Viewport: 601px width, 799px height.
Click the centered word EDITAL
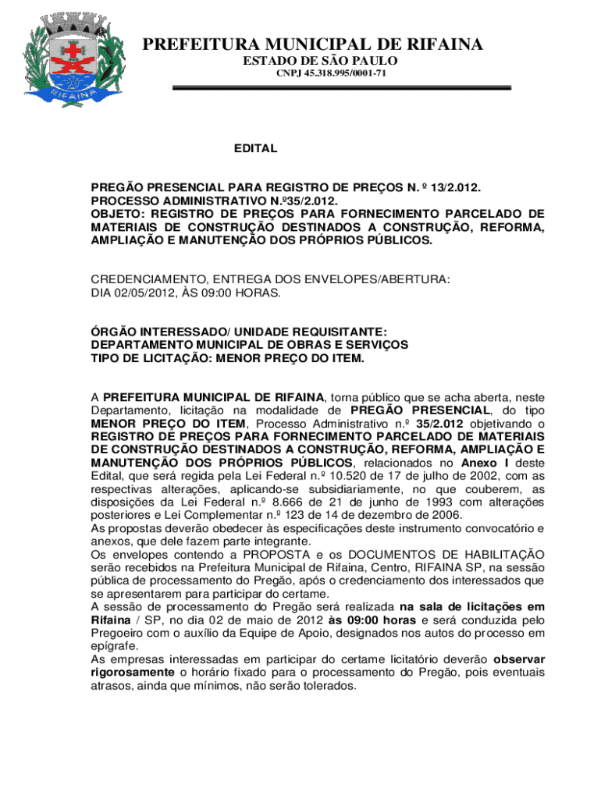256,148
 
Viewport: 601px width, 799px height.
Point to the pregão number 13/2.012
451,188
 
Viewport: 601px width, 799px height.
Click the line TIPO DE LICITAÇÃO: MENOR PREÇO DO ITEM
228,357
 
